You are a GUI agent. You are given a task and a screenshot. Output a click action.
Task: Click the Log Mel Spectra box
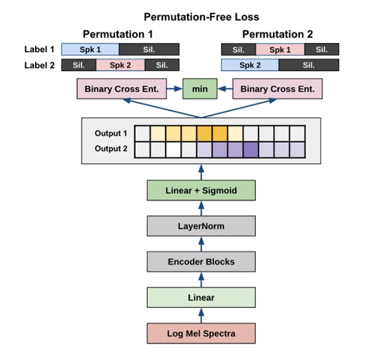pos(201,333)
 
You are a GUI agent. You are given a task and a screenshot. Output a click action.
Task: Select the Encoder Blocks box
pos(201,262)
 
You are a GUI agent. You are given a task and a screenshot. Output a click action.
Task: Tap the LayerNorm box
pos(201,226)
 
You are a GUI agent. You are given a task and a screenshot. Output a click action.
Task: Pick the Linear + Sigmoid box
pos(201,190)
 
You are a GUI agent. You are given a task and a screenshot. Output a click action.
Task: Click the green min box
pos(200,89)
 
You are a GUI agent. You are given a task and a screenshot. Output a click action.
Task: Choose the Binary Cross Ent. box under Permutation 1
pos(122,89)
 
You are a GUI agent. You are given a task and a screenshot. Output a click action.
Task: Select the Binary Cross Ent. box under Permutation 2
pos(277,89)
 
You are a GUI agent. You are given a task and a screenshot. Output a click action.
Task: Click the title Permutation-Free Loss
pos(201,17)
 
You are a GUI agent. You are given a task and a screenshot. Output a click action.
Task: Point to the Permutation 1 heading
pos(117,34)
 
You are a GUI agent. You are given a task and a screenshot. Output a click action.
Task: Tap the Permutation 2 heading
pos(277,34)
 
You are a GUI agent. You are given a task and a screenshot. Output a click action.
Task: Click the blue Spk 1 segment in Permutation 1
pos(90,50)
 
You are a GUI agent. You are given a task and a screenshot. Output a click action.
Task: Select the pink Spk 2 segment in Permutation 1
pos(120,65)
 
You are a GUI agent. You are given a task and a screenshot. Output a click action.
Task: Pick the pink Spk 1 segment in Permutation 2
pos(280,50)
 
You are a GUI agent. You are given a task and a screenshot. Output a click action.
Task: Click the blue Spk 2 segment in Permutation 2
pos(250,65)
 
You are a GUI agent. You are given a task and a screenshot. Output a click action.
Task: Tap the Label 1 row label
pos(39,50)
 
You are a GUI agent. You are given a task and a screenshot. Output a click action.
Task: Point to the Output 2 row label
pos(111,149)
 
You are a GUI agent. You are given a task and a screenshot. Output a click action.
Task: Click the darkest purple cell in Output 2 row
pos(251,150)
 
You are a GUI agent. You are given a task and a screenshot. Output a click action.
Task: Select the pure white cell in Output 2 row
pos(173,150)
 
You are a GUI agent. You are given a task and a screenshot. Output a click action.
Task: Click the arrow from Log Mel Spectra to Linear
pos(201,316)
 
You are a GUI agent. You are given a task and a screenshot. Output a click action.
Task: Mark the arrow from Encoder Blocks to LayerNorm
pos(201,244)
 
